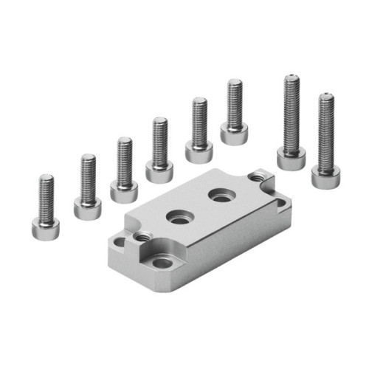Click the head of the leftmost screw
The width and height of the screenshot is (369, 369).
pyautogui.click(x=46, y=227)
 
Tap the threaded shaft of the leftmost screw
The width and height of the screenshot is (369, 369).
pyautogui.click(x=46, y=196)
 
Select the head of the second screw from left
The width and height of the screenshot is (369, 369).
pyautogui.click(x=87, y=207)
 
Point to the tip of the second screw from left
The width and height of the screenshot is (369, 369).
pyautogui.click(x=88, y=156)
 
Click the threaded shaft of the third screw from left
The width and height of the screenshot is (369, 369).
pyautogui.click(x=124, y=159)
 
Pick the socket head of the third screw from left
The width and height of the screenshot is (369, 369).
pyautogui.click(x=123, y=190)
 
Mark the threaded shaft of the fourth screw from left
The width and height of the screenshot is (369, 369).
pyautogui.click(x=159, y=140)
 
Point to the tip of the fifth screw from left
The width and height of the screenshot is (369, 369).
pyautogui.click(x=199, y=100)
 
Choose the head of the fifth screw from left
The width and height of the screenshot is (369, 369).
pyautogui.click(x=199, y=151)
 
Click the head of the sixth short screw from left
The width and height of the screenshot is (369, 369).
pyautogui.click(x=234, y=132)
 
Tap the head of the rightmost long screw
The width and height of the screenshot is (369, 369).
pyautogui.click(x=325, y=176)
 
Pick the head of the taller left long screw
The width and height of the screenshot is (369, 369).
pyautogui.click(x=291, y=157)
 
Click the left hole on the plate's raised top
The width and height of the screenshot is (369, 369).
pyautogui.click(x=178, y=217)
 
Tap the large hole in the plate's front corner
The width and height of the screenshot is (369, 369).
pyautogui.click(x=162, y=262)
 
